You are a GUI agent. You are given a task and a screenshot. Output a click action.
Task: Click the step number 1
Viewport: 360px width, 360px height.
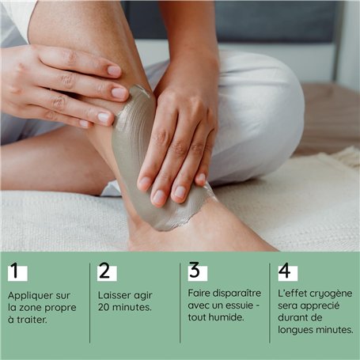pyautogui.click(x=15, y=271)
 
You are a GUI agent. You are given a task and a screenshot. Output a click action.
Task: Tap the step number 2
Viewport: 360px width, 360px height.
pyautogui.click(x=104, y=271)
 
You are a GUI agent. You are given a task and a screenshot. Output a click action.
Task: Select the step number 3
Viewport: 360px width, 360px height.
pyautogui.click(x=195, y=270)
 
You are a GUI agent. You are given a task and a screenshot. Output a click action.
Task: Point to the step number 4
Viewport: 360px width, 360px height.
pyautogui.click(x=285, y=271)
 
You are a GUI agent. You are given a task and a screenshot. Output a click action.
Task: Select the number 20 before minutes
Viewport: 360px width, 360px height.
pyautogui.click(x=104, y=307)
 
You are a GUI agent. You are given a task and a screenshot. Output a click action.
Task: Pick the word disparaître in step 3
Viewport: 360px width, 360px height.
pyautogui.click(x=237, y=293)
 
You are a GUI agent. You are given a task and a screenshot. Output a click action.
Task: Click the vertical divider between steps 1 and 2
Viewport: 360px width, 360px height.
pyautogui.click(x=89, y=303)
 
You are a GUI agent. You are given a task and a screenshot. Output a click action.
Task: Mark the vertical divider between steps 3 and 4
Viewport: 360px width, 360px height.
pyautogui.click(x=270, y=303)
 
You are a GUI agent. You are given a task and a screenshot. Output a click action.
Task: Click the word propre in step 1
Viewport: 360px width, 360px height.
pyautogui.click(x=60, y=308)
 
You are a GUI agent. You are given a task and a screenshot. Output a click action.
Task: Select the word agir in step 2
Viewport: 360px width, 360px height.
pyautogui.click(x=143, y=296)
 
